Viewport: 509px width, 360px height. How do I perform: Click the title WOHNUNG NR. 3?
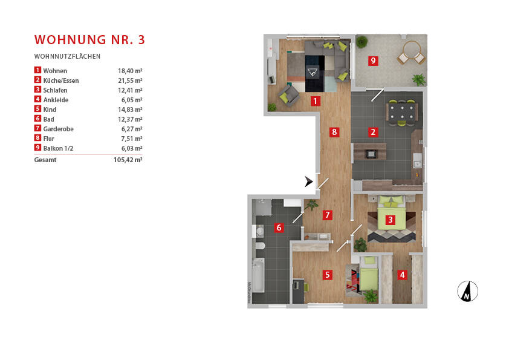[x=89, y=40]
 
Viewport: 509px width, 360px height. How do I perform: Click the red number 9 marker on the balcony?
[x=374, y=61]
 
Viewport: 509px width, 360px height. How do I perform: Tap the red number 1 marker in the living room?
[x=315, y=101]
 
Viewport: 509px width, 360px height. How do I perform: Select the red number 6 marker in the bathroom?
[x=279, y=227]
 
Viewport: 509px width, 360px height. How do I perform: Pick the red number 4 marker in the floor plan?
[x=402, y=274]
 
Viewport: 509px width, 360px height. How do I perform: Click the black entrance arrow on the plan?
[x=310, y=182]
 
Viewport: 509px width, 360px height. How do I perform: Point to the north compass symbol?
[x=467, y=291]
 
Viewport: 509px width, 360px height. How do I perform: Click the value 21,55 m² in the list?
[x=130, y=80]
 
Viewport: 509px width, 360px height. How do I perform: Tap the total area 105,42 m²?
[x=129, y=160]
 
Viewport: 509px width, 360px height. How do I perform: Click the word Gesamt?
[x=45, y=160]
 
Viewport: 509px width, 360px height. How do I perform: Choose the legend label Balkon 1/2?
[x=59, y=148]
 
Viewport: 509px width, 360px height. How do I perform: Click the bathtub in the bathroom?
[x=258, y=275]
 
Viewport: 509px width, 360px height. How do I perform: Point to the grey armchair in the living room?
[x=289, y=94]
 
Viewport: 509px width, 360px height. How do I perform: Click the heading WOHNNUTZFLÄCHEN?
[x=67, y=56]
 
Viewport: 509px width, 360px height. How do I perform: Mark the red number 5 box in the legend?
[x=37, y=110]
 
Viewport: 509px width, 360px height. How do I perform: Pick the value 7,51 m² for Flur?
[x=131, y=139]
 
